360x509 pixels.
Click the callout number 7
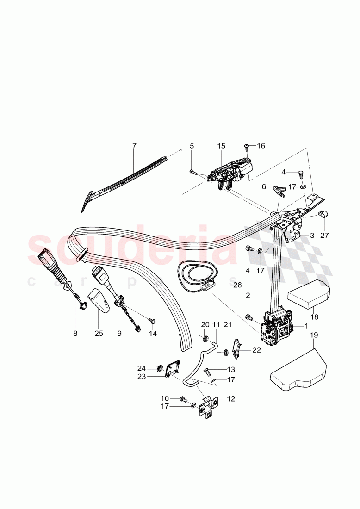[134, 146]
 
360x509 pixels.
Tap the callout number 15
[221, 146]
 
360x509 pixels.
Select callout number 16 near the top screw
[261, 146]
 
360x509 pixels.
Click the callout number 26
[237, 285]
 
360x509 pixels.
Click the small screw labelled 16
[247, 148]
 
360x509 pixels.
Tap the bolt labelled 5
[193, 172]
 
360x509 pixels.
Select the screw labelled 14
[151, 320]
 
